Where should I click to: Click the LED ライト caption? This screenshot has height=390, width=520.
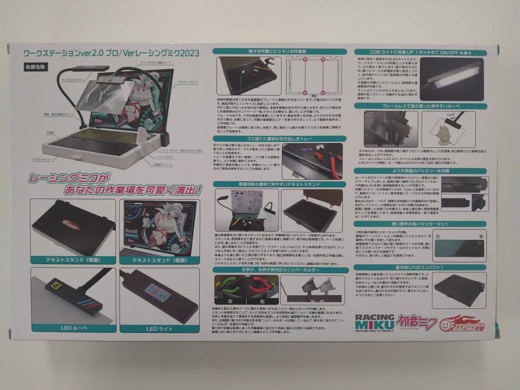click(x=159, y=329)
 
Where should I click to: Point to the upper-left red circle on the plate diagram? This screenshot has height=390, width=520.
click(x=304, y=60)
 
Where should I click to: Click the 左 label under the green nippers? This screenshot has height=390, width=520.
click(x=229, y=299)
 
